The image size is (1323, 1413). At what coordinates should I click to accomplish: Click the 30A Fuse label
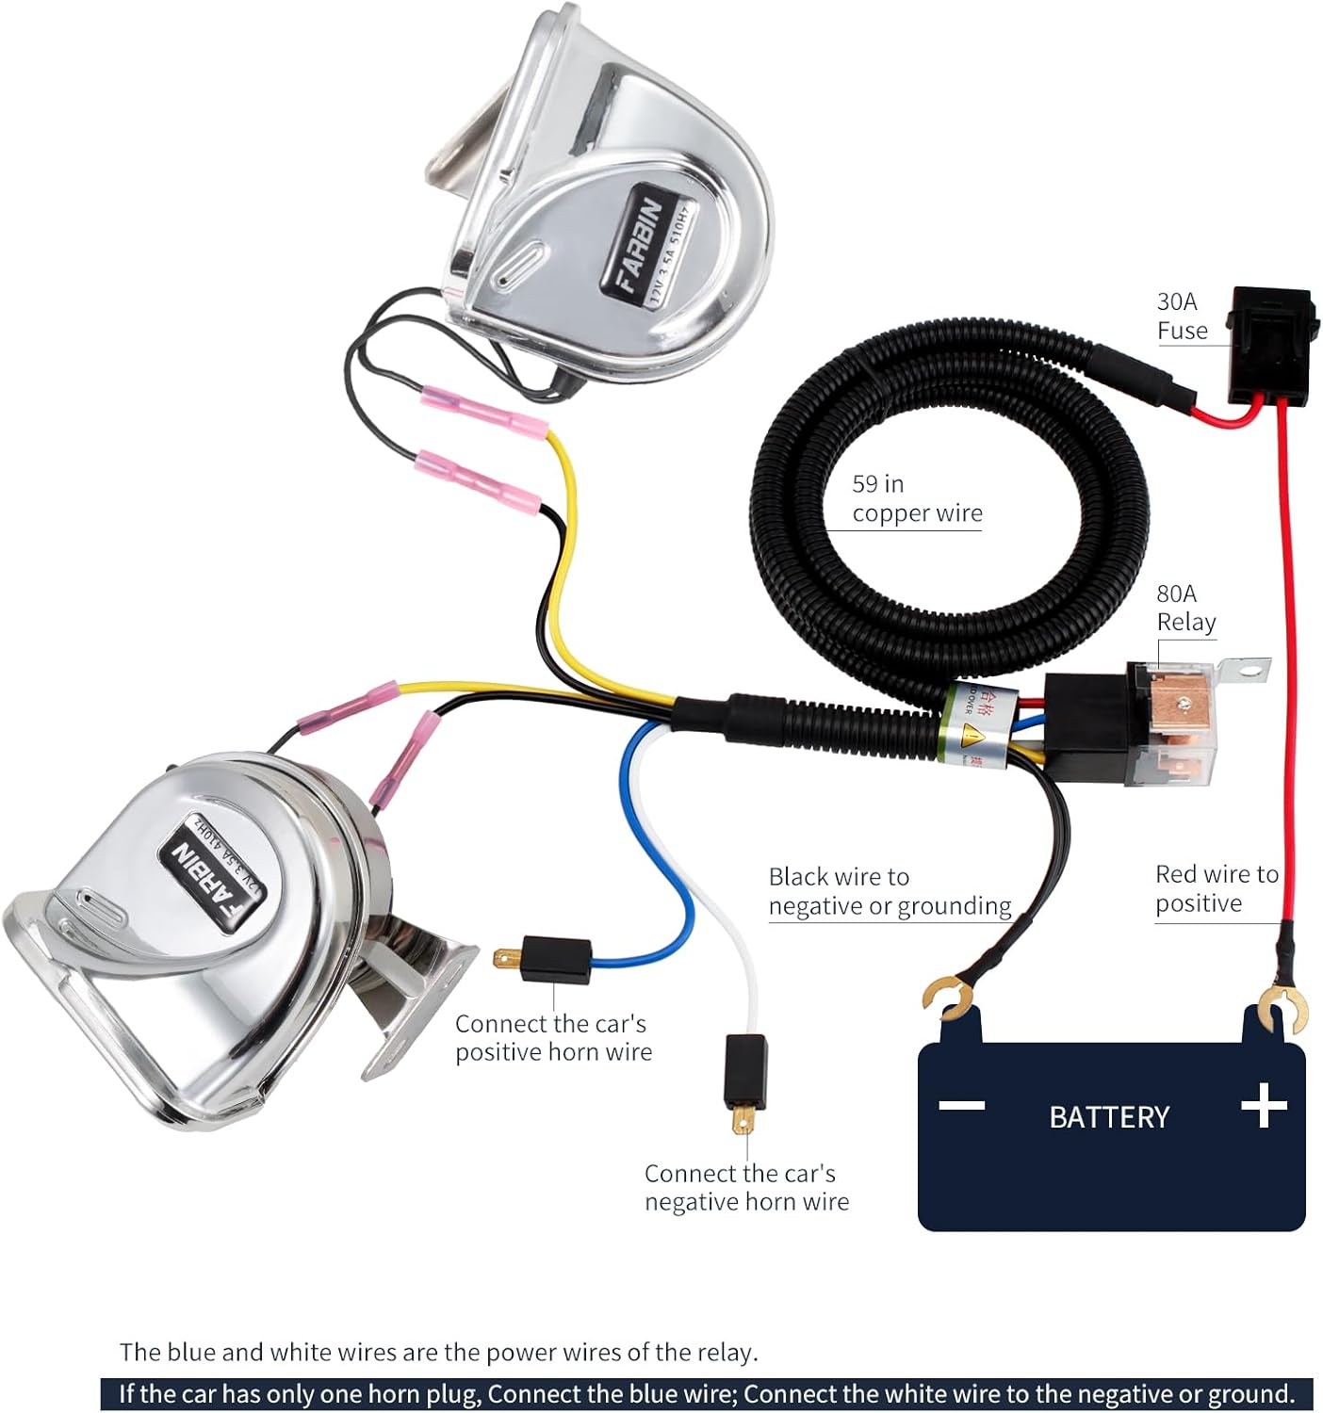pyautogui.click(x=1182, y=317)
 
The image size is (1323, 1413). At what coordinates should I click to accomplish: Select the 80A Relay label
pyautogui.click(x=1185, y=609)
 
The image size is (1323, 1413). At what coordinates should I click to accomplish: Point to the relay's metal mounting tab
pyautogui.click(x=1244, y=671)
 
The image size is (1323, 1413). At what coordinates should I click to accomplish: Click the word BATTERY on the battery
pyautogui.click(x=1109, y=1117)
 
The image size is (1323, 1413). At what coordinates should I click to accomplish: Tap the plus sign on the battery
pyautogui.click(x=1264, y=1106)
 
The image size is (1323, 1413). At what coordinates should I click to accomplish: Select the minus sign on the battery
pyautogui.click(x=962, y=1105)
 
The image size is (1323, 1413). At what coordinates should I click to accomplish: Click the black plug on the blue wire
pyautogui.click(x=555, y=960)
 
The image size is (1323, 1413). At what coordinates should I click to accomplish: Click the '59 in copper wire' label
pyautogui.click(x=916, y=498)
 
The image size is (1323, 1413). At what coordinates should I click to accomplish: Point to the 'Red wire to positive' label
pyautogui.click(x=1217, y=888)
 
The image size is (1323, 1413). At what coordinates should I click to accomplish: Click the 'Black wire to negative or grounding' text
pyautogui.click(x=889, y=891)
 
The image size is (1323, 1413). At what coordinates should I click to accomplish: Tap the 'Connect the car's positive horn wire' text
pyautogui.click(x=553, y=1037)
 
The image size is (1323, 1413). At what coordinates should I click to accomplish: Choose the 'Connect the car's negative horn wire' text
pyautogui.click(x=746, y=1187)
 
